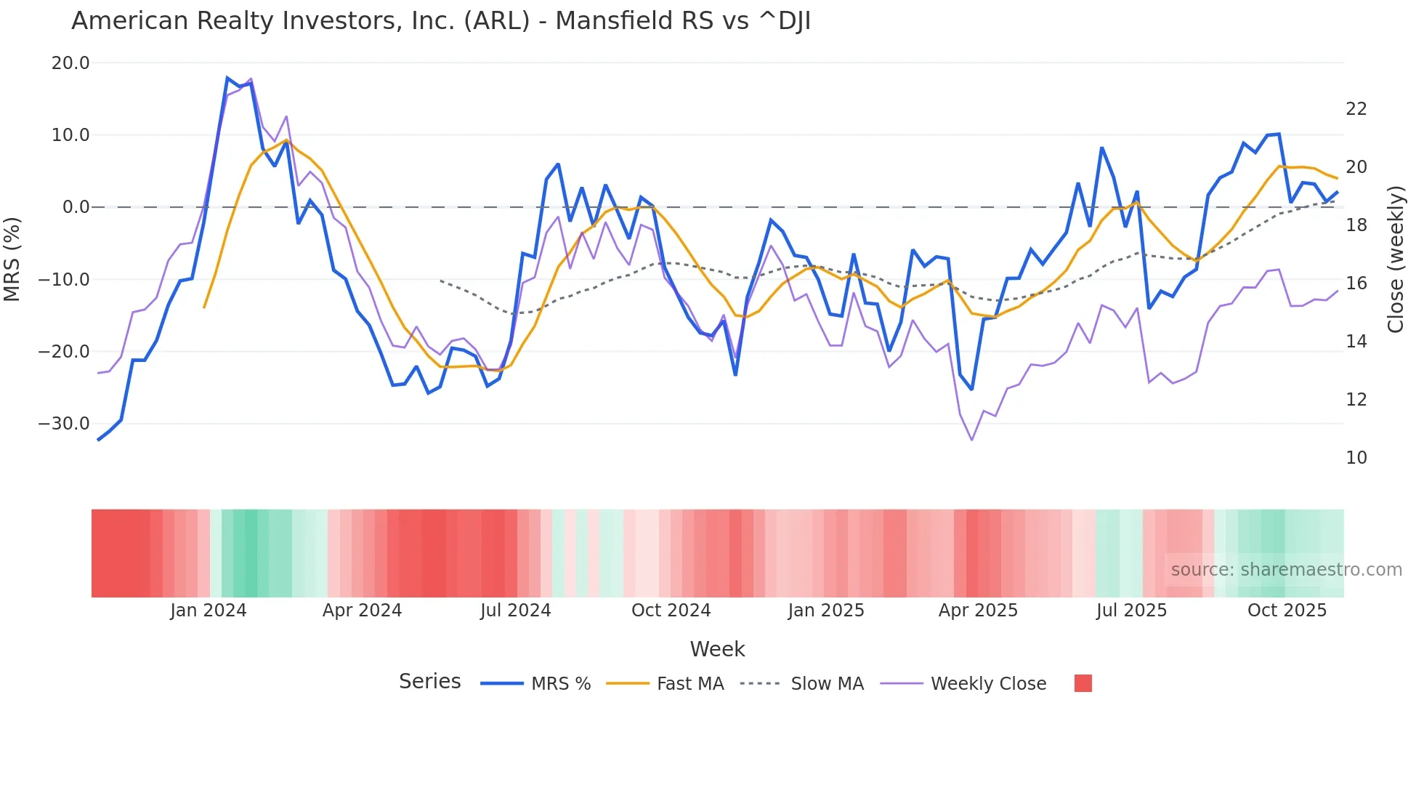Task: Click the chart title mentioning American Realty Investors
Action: tap(440, 21)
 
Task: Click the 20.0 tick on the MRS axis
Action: tap(70, 63)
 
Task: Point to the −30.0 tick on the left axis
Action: tap(64, 424)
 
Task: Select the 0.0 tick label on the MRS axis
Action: tap(76, 207)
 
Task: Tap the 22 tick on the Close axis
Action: tap(1356, 109)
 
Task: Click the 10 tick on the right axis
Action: tap(1356, 458)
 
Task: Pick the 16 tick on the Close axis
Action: tap(1356, 283)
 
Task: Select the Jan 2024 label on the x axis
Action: tap(209, 611)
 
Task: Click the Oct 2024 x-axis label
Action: tap(671, 611)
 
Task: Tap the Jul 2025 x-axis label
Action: tap(1131, 611)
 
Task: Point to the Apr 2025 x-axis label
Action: tap(978, 611)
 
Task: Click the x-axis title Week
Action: tap(717, 649)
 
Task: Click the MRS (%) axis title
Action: tap(12, 259)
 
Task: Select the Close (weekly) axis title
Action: tap(1396, 259)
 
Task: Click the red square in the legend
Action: tap(1083, 683)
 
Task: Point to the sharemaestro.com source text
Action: tap(1286, 570)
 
